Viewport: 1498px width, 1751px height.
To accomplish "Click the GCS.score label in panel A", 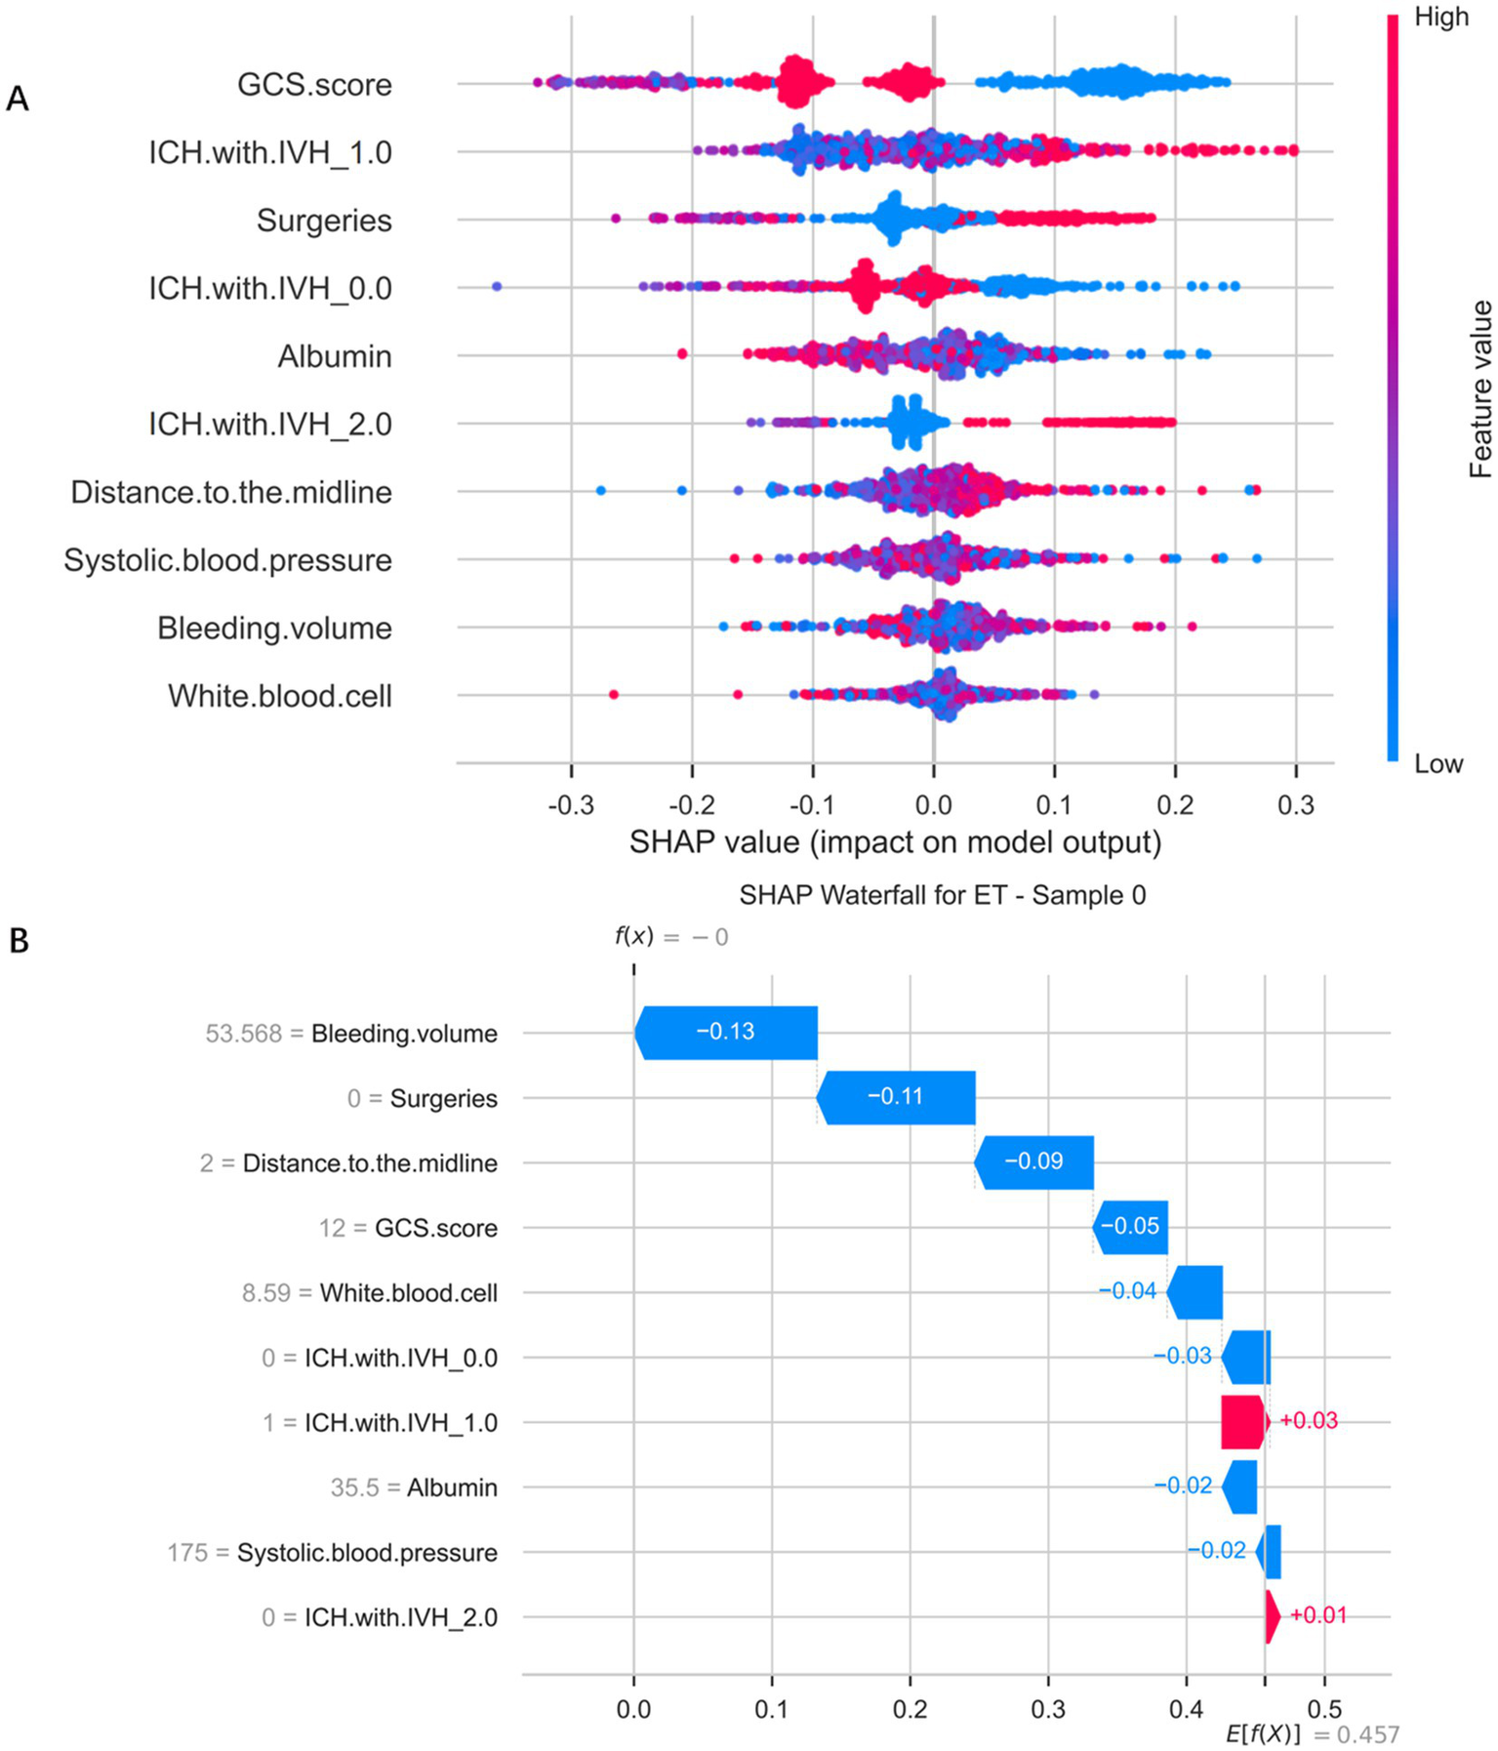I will click(x=314, y=85).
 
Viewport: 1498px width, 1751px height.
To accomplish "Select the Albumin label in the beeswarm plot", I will click(x=334, y=356).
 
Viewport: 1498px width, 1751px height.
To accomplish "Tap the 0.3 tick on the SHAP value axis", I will click(x=1295, y=805).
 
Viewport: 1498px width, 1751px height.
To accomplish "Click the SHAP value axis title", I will click(x=895, y=841).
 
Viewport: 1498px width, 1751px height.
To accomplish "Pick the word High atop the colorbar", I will click(x=1440, y=18).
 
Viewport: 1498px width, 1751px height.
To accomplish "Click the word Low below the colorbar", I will click(x=1438, y=763).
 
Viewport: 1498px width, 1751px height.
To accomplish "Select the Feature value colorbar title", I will click(x=1479, y=389).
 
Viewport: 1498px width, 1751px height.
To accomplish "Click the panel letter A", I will click(x=18, y=99).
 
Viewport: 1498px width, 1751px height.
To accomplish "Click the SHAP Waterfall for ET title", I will click(x=942, y=894).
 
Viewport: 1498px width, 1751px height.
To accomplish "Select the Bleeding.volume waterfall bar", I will click(x=725, y=1033).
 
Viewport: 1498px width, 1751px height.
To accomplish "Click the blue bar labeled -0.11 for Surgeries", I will click(x=895, y=1097).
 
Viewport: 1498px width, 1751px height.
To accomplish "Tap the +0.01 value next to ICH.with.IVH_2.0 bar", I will click(x=1317, y=1615).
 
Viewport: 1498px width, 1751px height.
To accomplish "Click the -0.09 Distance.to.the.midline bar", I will click(x=1033, y=1161).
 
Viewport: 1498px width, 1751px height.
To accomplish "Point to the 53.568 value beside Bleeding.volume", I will click(x=243, y=1034).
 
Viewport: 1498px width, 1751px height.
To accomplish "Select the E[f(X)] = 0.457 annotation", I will click(x=1312, y=1734).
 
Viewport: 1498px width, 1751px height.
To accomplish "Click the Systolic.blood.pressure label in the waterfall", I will click(x=367, y=1552).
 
